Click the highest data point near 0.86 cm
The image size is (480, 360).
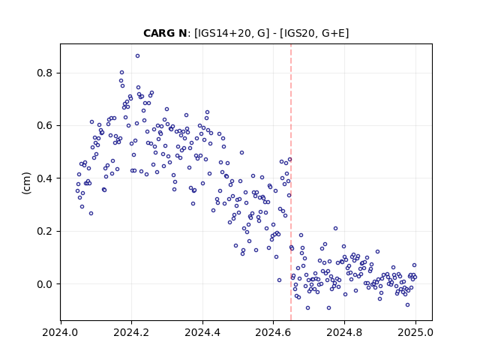pyautogui.click(x=137, y=56)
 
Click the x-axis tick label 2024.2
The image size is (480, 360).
pyautogui.click(x=131, y=332)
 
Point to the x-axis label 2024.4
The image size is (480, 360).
pyautogui.click(x=202, y=332)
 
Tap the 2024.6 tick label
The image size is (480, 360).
pyautogui.click(x=273, y=332)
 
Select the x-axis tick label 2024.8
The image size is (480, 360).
pyautogui.click(x=344, y=332)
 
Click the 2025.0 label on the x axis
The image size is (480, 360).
pyautogui.click(x=415, y=332)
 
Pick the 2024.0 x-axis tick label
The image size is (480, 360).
pyautogui.click(x=60, y=332)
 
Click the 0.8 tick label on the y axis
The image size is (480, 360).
pyautogui.click(x=45, y=73)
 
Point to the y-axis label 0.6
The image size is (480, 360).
pyautogui.click(x=45, y=126)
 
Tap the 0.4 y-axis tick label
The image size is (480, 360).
pyautogui.click(x=45, y=178)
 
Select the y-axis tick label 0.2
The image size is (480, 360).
pyautogui.click(x=45, y=231)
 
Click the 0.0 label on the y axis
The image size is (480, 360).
pyautogui.click(x=45, y=284)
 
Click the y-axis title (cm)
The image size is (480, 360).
pyautogui.click(x=27, y=183)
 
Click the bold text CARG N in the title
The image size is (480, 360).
pyautogui.click(x=165, y=33)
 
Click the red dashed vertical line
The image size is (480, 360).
pyautogui.click(x=291, y=182)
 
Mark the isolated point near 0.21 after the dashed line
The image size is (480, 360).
pyautogui.click(x=335, y=228)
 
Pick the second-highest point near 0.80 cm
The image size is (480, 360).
pyautogui.click(x=121, y=73)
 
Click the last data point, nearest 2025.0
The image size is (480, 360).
pyautogui.click(x=415, y=277)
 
